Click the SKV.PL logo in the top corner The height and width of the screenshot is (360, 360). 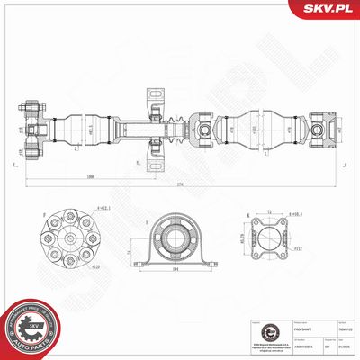(x=325, y=11)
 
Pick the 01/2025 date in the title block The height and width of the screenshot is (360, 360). (x=329, y=339)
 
